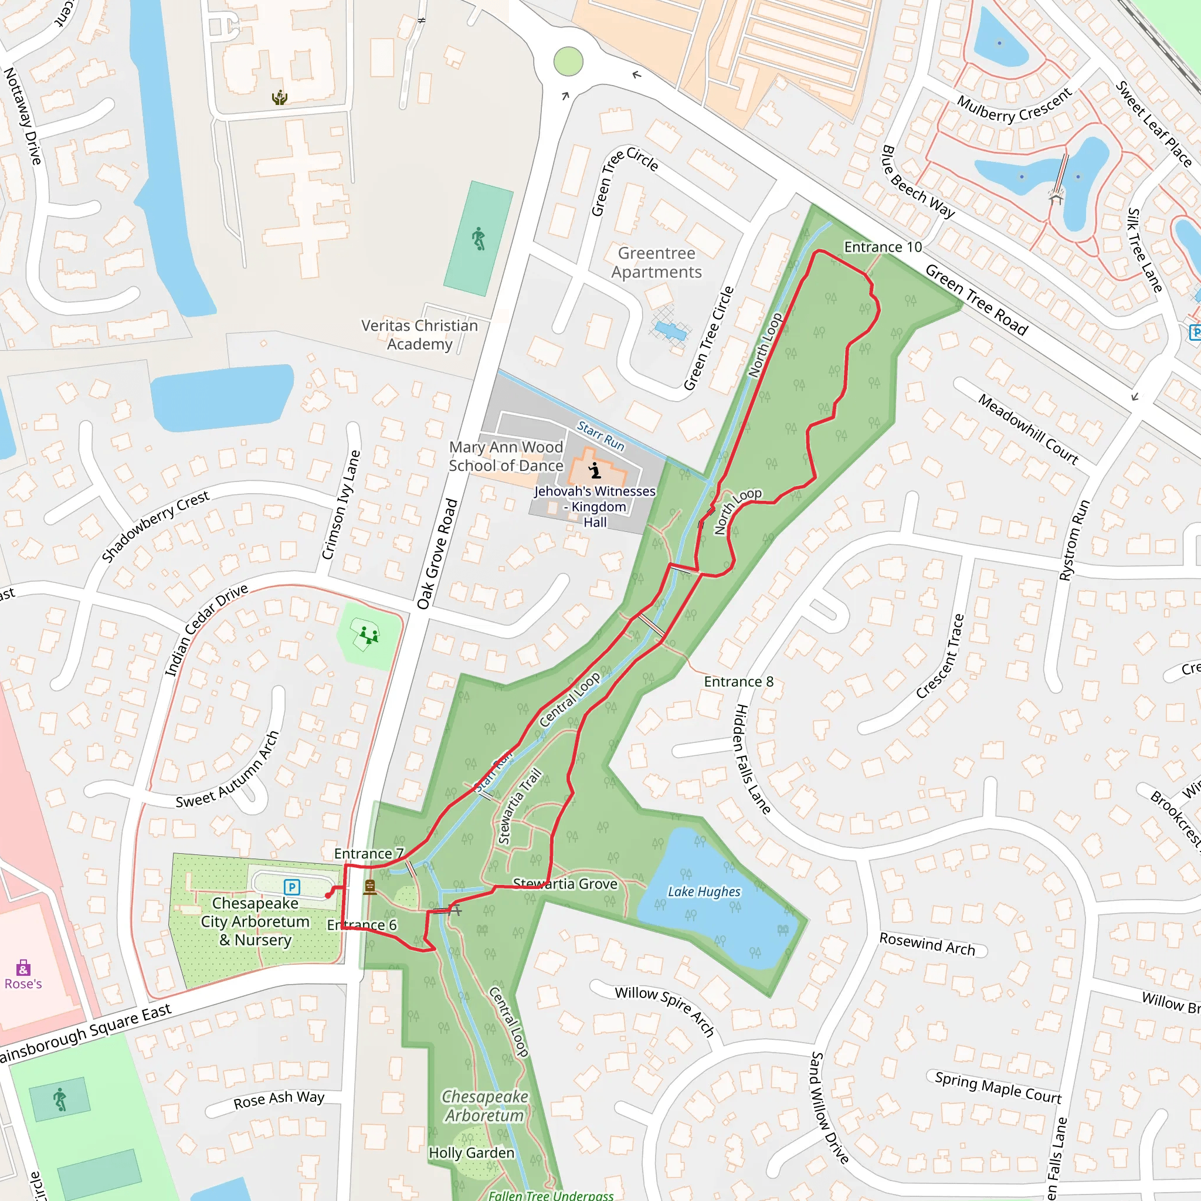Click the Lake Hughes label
704,891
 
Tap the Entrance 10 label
882,247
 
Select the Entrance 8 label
738,681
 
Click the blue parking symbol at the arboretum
291,887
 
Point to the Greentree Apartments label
656,262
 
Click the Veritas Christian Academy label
420,334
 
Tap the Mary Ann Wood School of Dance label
506,456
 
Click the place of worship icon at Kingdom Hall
595,470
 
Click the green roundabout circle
568,62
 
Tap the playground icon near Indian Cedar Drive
369,635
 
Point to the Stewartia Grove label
565,883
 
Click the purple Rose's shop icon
23,967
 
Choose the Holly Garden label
471,1152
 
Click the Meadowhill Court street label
1027,429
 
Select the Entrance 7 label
369,853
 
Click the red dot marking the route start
328,895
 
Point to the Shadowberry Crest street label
155,526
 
